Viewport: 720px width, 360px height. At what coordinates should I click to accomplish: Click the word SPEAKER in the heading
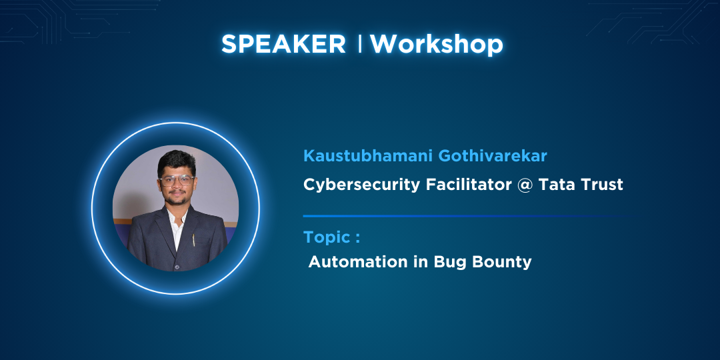click(283, 45)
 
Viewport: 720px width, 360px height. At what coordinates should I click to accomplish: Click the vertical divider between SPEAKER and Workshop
click(359, 44)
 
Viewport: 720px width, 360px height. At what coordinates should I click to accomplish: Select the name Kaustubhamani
click(369, 156)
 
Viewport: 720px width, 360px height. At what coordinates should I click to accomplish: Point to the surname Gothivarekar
click(493, 156)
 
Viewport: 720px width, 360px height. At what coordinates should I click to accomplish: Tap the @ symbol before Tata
click(525, 185)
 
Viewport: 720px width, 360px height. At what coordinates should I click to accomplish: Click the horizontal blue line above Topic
click(464, 216)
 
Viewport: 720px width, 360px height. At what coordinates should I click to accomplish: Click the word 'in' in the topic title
click(409, 262)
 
